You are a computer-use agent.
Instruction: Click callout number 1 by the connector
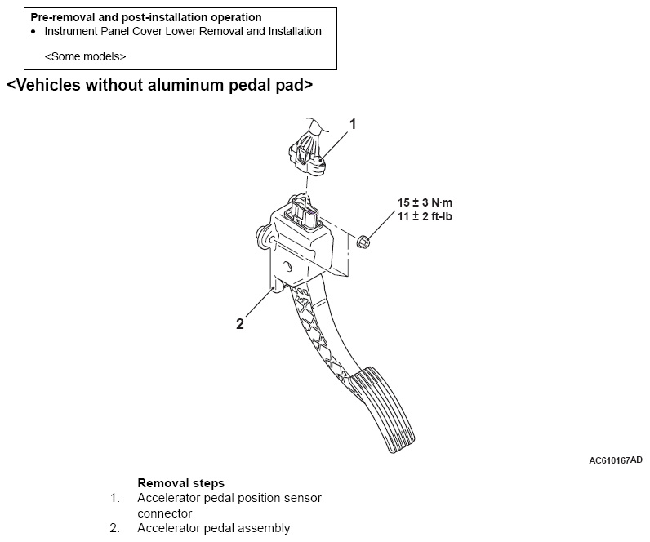coord(353,124)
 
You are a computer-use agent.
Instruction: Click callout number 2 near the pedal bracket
coord(239,323)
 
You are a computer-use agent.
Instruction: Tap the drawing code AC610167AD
coord(616,460)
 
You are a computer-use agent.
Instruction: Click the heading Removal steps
coord(180,483)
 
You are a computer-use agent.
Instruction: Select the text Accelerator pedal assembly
coord(213,528)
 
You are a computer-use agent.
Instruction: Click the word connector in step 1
coord(164,513)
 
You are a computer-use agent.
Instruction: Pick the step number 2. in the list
coord(115,528)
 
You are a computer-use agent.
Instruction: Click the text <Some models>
coord(85,56)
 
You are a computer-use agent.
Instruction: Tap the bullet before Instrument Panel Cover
coord(33,32)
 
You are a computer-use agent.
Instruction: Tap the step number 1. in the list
coord(115,498)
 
